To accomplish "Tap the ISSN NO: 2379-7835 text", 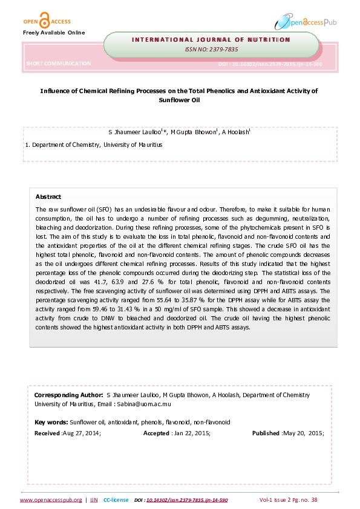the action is pos(211,50).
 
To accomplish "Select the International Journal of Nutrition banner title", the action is pos(211,39).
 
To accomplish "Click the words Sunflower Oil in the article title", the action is pos(178,100).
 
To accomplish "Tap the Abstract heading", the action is pos(48,196).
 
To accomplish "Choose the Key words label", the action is pos(51,422).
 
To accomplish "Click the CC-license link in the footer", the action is pos(116,500).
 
